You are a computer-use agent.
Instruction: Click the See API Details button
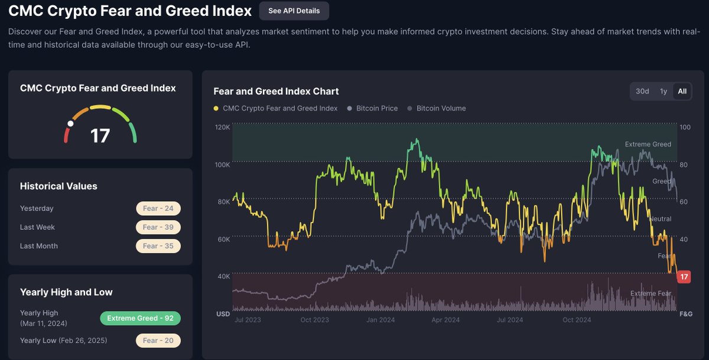point(294,11)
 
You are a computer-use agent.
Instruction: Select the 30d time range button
point(642,91)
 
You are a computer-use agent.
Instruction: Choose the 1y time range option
point(664,91)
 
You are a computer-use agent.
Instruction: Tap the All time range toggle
point(682,91)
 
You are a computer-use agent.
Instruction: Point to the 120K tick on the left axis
point(222,127)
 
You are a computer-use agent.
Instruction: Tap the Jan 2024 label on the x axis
point(381,320)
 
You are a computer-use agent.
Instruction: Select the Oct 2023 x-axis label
point(314,320)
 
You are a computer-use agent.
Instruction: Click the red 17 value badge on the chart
point(684,277)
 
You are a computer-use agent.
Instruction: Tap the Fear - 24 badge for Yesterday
point(158,208)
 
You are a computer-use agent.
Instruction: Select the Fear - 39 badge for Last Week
point(158,227)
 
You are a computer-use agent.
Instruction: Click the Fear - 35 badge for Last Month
point(158,246)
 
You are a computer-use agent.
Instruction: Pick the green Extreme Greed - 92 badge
point(140,318)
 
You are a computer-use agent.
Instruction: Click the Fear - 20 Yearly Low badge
point(158,340)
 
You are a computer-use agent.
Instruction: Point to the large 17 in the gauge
point(100,135)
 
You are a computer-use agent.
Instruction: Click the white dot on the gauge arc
point(70,124)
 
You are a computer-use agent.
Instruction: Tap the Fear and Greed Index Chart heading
point(276,91)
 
